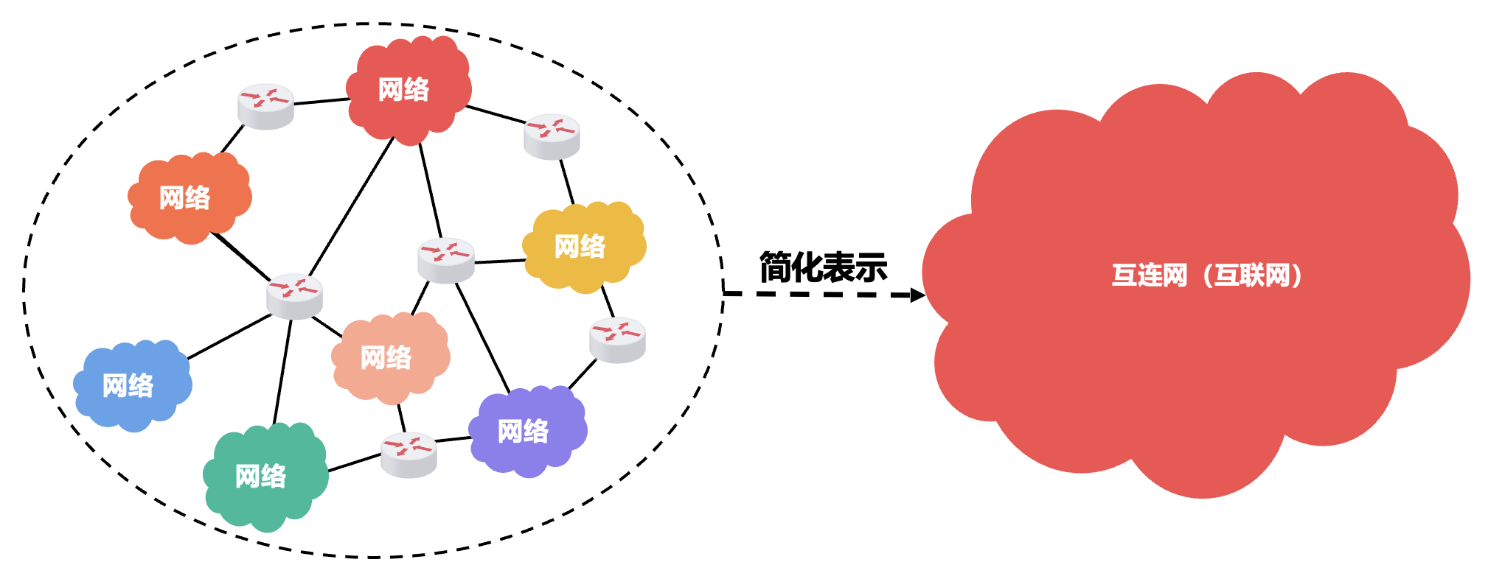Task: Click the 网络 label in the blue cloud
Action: coord(128,385)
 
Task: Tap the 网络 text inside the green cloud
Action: coord(260,476)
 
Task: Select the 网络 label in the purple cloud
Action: coord(523,431)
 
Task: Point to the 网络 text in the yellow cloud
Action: coord(580,246)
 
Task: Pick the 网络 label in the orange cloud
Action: coord(184,197)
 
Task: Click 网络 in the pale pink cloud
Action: coord(386,358)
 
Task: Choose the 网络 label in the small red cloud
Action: coord(403,89)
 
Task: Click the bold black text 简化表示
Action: coord(823,267)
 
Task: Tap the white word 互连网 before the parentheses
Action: coord(1150,275)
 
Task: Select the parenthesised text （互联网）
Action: coord(1252,275)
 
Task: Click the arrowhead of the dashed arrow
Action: coord(917,295)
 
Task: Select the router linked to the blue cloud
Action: coord(294,295)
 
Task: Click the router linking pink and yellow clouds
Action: coord(446,259)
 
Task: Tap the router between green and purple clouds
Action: coord(409,454)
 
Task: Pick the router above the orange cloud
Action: coord(265,105)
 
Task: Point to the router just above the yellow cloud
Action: coord(552,136)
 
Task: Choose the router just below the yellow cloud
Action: coord(617,339)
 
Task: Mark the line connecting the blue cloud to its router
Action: coord(230,337)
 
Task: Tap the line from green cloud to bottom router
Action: coord(354,463)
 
